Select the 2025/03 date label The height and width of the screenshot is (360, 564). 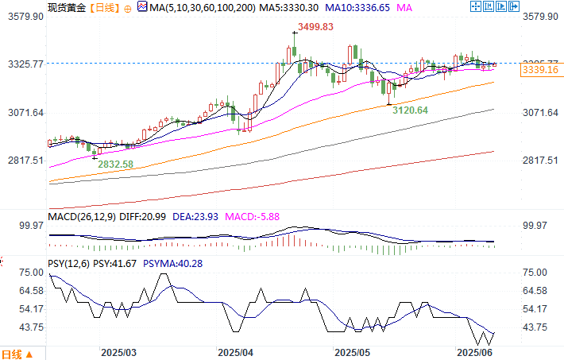tap(119, 351)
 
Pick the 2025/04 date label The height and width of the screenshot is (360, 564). tap(235, 351)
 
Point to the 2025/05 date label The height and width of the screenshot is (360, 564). tap(353, 351)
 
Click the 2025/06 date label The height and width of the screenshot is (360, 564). tap(475, 351)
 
